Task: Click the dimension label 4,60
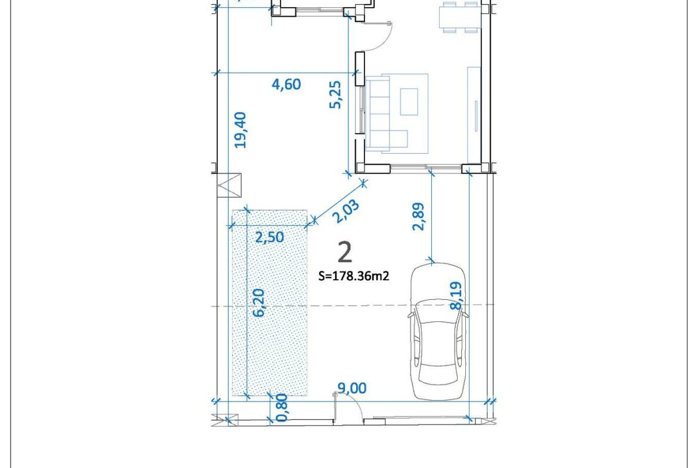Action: [286, 84]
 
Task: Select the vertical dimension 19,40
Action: [240, 130]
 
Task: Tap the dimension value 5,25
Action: [335, 94]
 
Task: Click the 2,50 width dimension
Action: [269, 237]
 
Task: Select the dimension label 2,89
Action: [419, 216]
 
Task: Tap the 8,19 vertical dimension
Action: [456, 296]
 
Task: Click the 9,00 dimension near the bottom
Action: [351, 388]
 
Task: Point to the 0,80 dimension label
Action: [282, 407]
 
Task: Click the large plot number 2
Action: [345, 252]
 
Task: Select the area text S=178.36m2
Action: [354, 276]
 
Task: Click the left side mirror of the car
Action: [411, 315]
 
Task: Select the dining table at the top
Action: [459, 17]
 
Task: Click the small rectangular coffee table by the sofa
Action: [409, 102]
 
